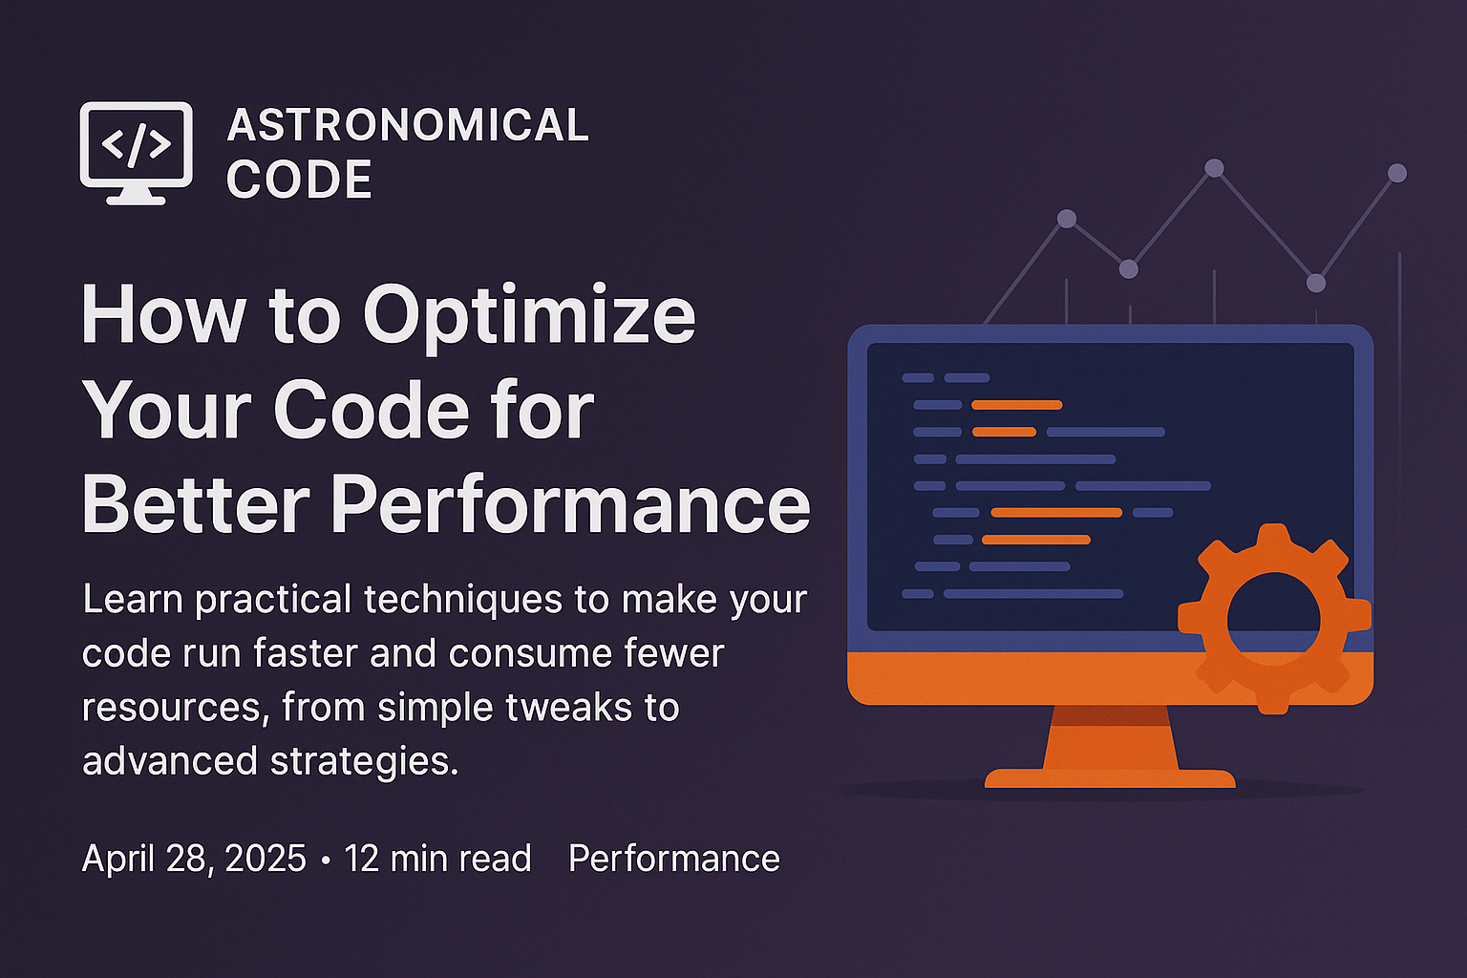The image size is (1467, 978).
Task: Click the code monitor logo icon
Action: point(137,153)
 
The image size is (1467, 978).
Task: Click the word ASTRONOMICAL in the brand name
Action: point(408,125)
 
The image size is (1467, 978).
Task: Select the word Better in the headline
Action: point(196,503)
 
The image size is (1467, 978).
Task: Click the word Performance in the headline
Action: point(570,503)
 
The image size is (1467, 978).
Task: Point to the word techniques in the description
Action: point(463,600)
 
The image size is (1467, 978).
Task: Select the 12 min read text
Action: point(437,858)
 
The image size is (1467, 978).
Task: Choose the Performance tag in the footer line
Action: point(674,858)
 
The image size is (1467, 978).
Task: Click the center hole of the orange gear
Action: point(1273,619)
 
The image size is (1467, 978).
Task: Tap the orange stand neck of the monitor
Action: point(1110,737)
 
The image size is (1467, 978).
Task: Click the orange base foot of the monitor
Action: point(1110,778)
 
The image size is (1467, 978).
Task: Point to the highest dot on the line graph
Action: point(1214,168)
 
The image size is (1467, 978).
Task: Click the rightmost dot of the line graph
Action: point(1397,173)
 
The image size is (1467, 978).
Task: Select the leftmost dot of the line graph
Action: point(1067,219)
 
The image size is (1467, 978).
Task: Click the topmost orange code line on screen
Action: point(1016,405)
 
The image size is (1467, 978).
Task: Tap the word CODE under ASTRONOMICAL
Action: point(299,180)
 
